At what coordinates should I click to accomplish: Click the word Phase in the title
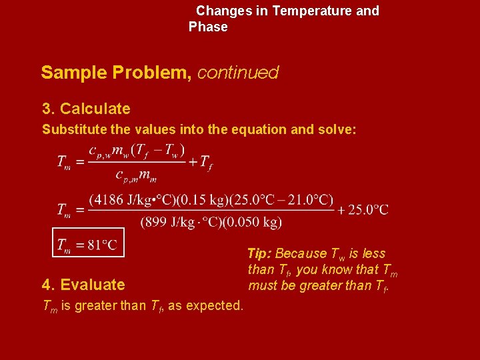pyautogui.click(x=208, y=27)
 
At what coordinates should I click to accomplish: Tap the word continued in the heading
pyautogui.click(x=238, y=73)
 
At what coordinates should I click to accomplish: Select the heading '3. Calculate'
pyautogui.click(x=86, y=109)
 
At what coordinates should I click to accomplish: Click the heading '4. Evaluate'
pyautogui.click(x=83, y=285)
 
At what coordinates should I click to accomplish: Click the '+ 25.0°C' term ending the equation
pyautogui.click(x=363, y=209)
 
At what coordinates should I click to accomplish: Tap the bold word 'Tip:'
pyautogui.click(x=259, y=253)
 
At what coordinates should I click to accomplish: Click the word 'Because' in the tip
pyautogui.click(x=301, y=253)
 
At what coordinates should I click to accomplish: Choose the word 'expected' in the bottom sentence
pyautogui.click(x=216, y=305)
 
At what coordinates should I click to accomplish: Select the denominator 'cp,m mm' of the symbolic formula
pyautogui.click(x=137, y=175)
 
